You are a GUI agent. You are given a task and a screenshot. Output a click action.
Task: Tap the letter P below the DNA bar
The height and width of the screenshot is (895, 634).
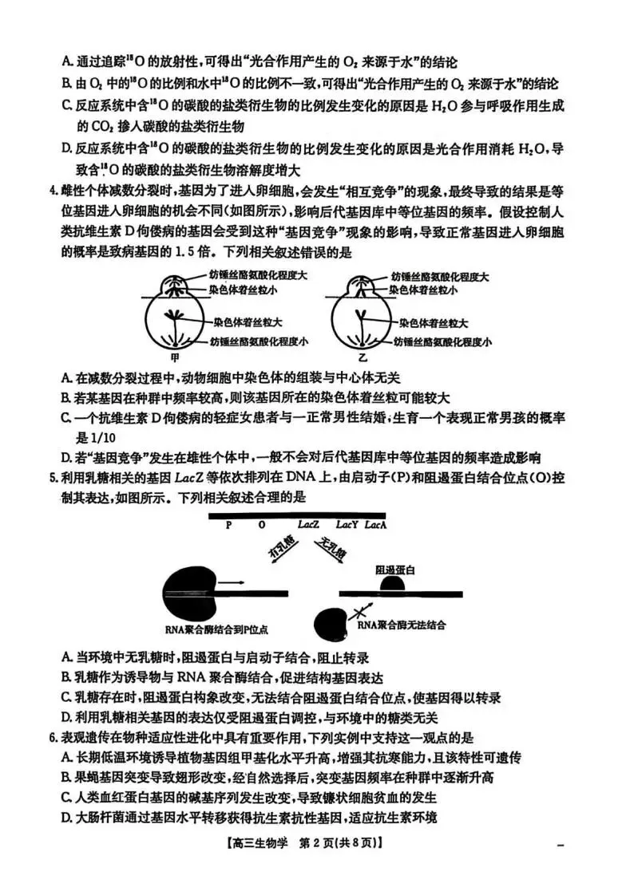(x=228, y=526)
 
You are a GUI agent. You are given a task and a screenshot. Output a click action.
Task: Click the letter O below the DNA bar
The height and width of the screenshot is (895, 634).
(x=262, y=526)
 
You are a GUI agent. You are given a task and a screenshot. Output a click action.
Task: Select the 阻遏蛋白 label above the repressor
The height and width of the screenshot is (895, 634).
(x=395, y=570)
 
